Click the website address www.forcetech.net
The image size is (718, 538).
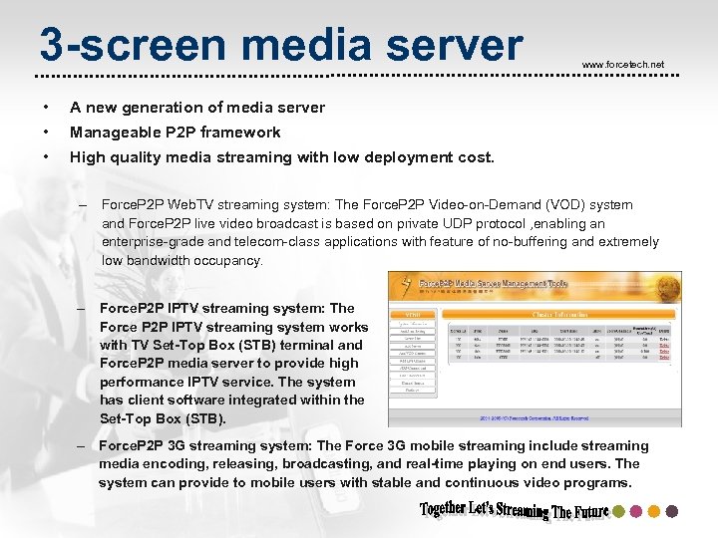click(x=622, y=65)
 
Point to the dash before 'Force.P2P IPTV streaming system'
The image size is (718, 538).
click(x=80, y=309)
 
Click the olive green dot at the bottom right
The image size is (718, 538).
click(x=618, y=511)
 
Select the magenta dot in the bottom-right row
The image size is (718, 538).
click(x=636, y=511)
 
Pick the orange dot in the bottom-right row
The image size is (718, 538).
click(x=654, y=511)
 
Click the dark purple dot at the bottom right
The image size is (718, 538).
click(x=672, y=511)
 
